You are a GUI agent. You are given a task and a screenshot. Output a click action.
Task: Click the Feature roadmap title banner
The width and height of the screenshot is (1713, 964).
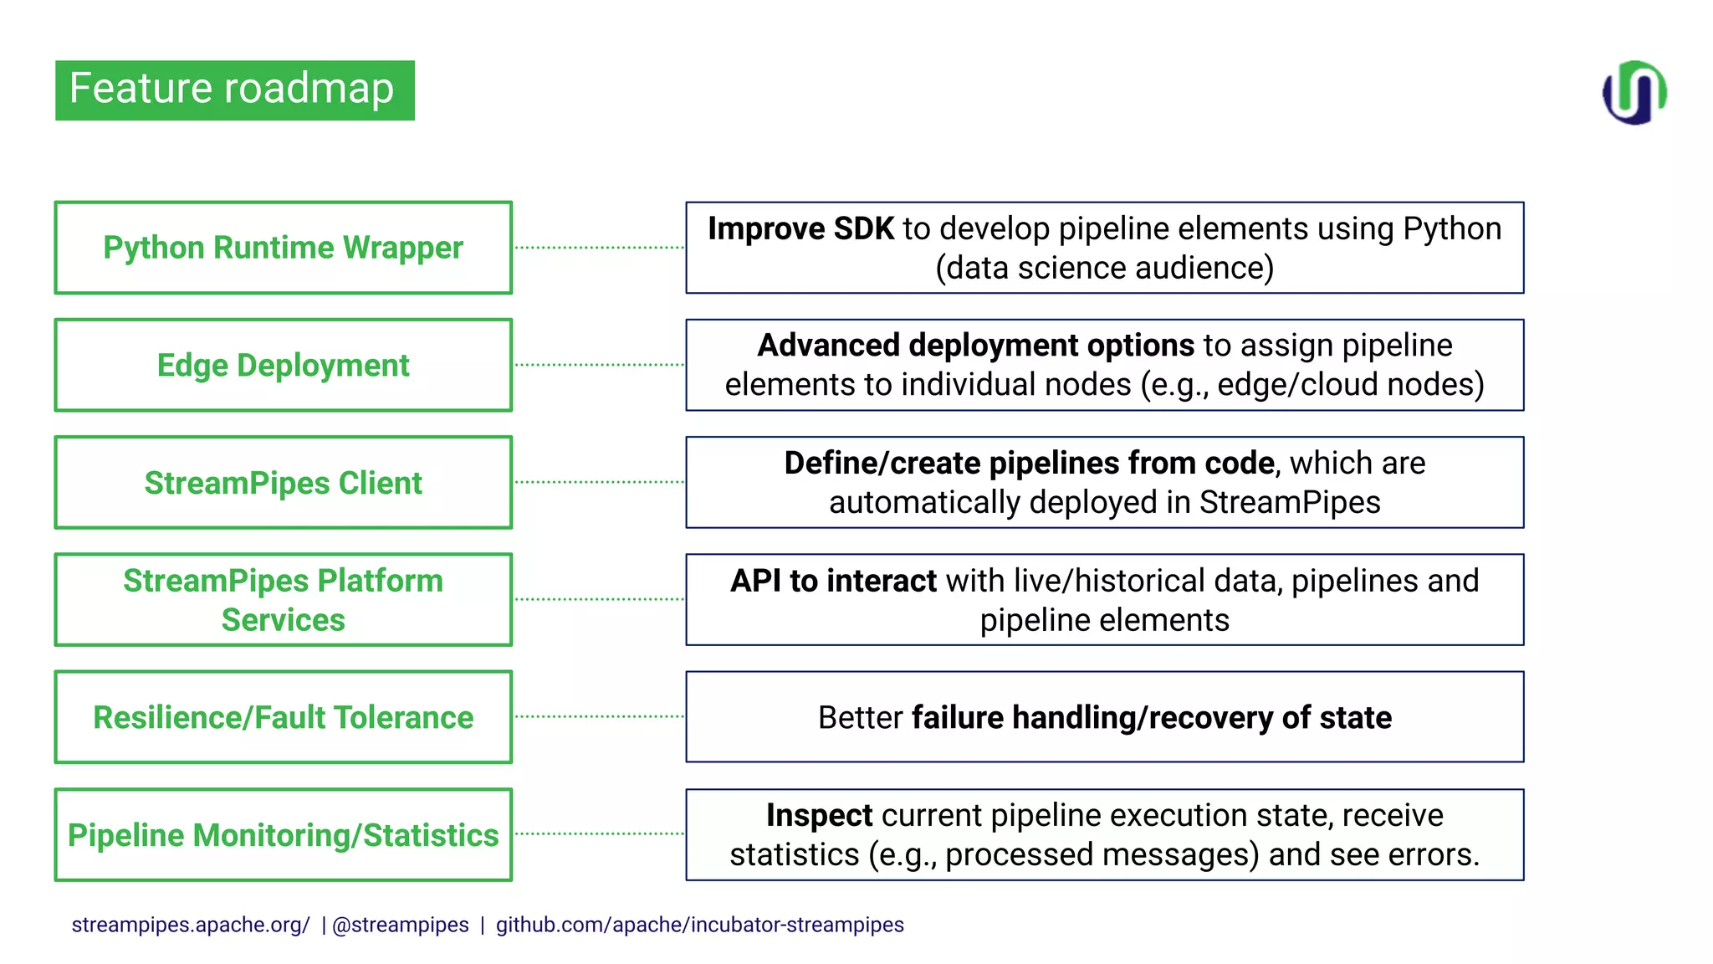(x=234, y=90)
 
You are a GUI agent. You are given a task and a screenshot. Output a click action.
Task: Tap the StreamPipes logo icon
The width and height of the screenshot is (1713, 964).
(x=1634, y=92)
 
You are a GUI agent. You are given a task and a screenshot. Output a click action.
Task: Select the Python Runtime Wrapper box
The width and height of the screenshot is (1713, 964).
(x=283, y=248)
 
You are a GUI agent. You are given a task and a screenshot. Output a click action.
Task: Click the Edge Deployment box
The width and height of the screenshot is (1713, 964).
(x=283, y=365)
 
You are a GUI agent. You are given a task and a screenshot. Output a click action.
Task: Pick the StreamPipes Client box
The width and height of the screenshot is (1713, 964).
(x=283, y=483)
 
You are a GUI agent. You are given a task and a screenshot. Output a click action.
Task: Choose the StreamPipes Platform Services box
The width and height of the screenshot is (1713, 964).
(x=283, y=600)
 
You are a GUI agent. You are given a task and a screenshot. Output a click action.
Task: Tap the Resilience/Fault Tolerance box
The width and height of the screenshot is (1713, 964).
(x=283, y=717)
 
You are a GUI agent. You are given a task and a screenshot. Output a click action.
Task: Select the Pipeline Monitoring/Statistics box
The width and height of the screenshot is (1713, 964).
(x=283, y=835)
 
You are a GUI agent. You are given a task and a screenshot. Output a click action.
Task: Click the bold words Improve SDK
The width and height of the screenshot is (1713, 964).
(x=800, y=228)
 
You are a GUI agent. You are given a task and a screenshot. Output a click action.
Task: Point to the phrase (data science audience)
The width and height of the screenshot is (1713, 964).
(x=1104, y=268)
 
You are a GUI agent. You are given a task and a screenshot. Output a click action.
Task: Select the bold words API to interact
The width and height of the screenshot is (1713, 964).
(x=833, y=581)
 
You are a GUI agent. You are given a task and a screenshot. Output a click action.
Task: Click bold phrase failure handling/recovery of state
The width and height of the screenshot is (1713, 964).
(x=1151, y=718)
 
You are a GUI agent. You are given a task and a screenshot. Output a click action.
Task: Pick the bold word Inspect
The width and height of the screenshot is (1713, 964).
(x=819, y=815)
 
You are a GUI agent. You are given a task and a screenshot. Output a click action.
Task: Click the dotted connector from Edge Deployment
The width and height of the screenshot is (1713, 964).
(x=599, y=365)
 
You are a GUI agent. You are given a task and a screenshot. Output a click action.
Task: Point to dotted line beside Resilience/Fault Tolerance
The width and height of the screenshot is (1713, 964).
(x=599, y=716)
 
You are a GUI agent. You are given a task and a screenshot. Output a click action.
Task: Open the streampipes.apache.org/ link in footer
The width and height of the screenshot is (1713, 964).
(x=191, y=925)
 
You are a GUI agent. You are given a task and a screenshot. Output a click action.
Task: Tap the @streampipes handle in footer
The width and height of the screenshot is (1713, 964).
(x=401, y=925)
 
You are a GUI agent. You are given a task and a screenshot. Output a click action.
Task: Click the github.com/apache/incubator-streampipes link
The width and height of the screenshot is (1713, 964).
(x=699, y=925)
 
